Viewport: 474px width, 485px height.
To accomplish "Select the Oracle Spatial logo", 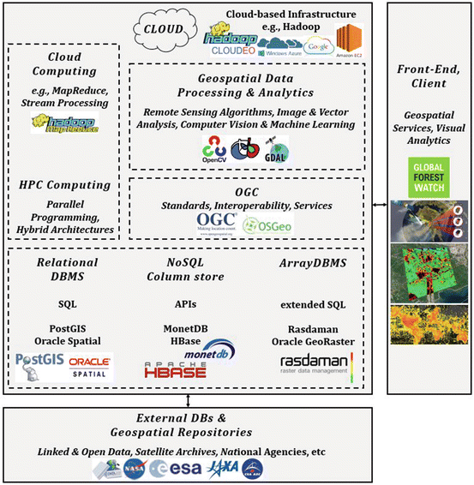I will [90, 363].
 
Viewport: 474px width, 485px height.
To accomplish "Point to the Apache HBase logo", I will [173, 367].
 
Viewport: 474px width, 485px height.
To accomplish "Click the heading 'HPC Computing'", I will [66, 185].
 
